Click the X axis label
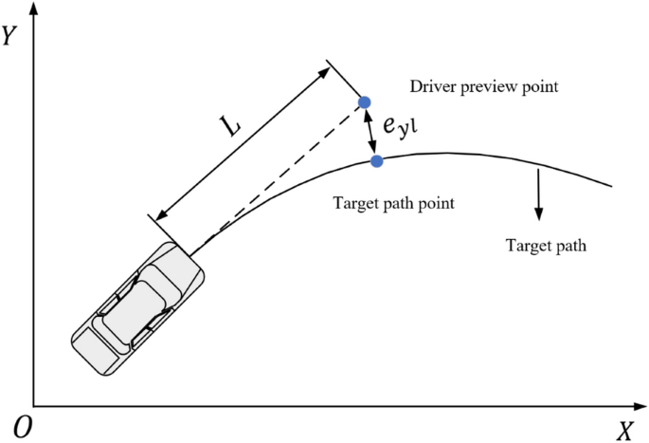point(624,432)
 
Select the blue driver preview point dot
point(365,102)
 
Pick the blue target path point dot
point(377,160)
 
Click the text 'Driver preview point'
point(484,87)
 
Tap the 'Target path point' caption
point(394,202)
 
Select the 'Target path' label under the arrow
point(546,246)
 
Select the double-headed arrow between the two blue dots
point(371,132)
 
